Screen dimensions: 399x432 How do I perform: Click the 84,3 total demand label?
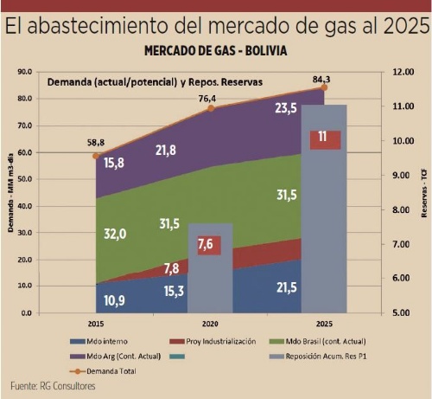point(323,76)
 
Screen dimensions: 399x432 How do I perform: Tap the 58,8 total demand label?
point(95,142)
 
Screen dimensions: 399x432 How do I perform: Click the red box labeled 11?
point(322,137)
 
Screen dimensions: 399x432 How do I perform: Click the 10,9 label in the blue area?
point(115,299)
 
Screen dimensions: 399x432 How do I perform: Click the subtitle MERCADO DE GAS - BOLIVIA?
point(216,51)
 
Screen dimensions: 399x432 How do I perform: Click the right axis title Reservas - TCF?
point(424,191)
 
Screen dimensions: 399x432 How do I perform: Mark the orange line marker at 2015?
point(96,156)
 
